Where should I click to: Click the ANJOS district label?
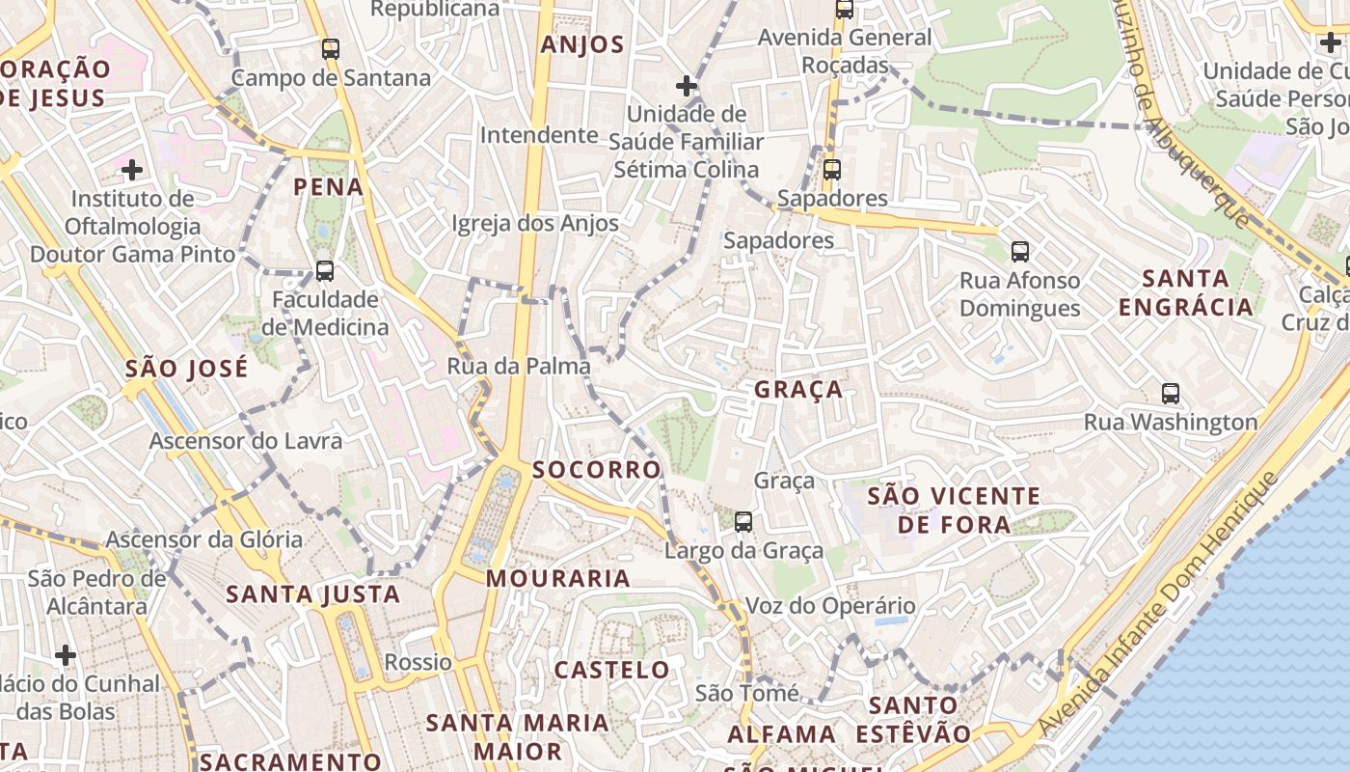click(582, 44)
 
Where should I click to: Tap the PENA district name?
click(329, 186)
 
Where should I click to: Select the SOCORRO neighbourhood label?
click(597, 470)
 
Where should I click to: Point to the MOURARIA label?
click(558, 578)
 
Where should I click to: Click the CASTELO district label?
click(611, 669)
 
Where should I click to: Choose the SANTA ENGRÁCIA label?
click(1199, 292)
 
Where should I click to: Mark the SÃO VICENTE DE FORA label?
click(954, 510)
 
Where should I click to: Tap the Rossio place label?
click(418, 662)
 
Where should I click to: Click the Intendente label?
click(539, 134)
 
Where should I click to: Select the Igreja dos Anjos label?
click(535, 223)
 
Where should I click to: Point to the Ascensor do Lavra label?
click(245, 441)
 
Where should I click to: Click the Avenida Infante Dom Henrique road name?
click(1157, 608)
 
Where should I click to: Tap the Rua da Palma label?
click(519, 366)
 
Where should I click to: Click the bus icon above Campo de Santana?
click(331, 48)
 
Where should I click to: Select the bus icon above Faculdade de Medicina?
click(325, 271)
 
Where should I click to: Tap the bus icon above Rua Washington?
click(1171, 394)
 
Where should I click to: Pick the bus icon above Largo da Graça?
click(743, 522)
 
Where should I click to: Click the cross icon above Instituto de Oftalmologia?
click(132, 171)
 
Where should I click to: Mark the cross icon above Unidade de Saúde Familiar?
click(687, 87)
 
